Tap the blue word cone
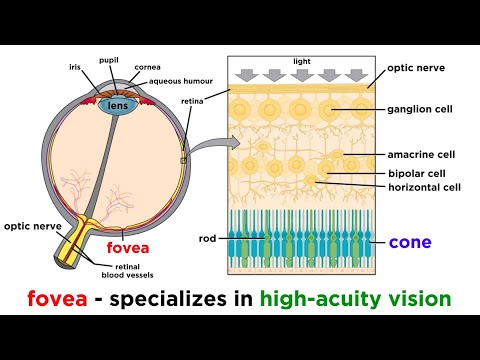pyautogui.click(x=409, y=242)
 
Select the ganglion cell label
pyautogui.click(x=420, y=109)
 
